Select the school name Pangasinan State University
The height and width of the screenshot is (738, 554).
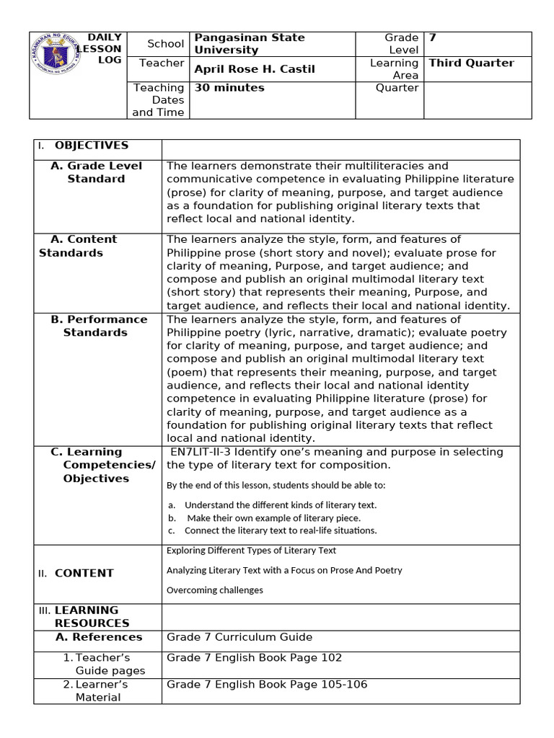[249, 44]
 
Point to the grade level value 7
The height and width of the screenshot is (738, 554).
[433, 37]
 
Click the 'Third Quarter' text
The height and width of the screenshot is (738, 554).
[471, 63]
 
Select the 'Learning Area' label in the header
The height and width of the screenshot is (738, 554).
[394, 69]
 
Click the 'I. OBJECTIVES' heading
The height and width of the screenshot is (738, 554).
[91, 146]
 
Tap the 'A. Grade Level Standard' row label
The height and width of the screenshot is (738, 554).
[96, 172]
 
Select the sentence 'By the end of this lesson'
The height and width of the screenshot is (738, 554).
[276, 485]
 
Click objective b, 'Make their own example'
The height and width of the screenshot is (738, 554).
[273, 517]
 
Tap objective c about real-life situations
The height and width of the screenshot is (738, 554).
[281, 530]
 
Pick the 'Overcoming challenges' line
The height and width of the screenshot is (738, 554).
[214, 590]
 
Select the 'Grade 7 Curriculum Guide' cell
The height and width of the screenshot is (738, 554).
[239, 637]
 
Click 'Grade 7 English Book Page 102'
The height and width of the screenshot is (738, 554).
[254, 657]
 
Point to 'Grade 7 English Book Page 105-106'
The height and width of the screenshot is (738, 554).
[266, 684]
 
